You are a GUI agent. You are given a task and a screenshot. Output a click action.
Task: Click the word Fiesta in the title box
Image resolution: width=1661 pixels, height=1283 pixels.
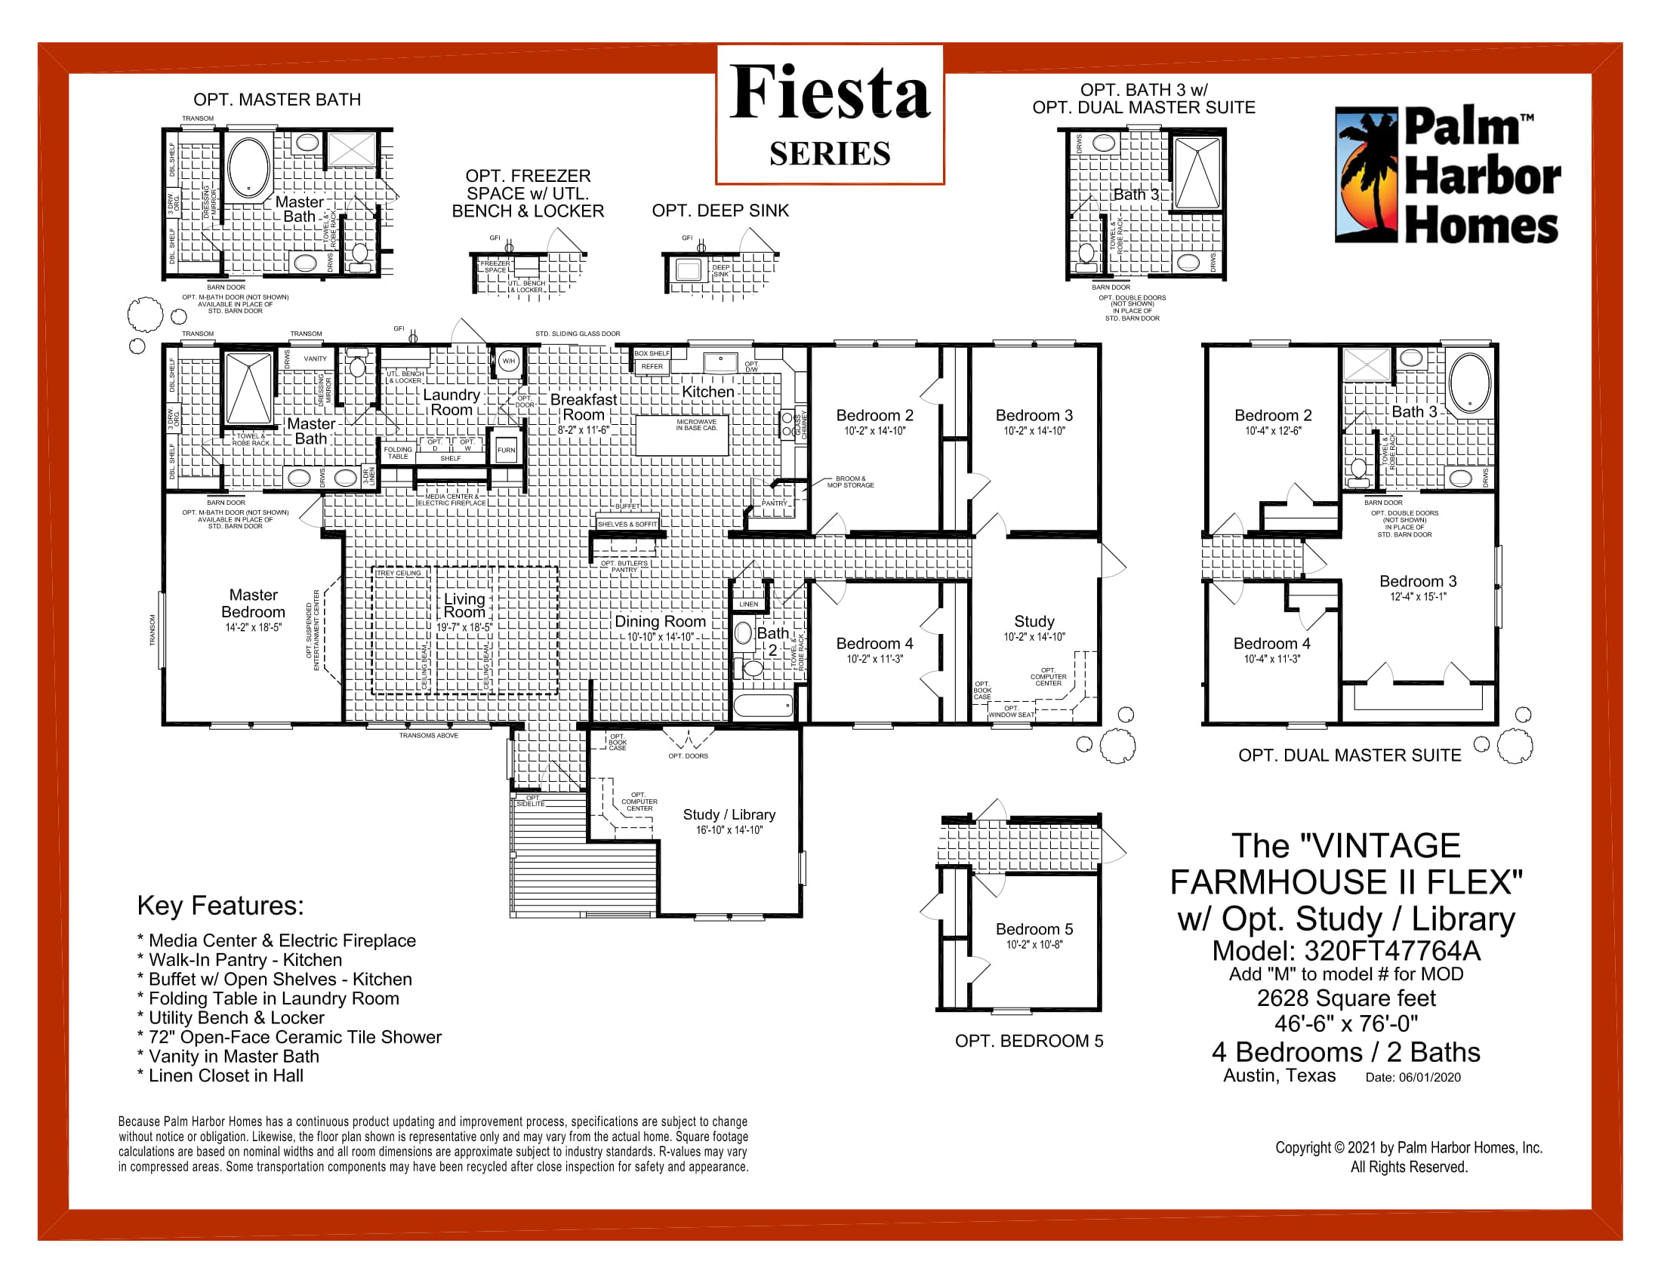click(x=829, y=93)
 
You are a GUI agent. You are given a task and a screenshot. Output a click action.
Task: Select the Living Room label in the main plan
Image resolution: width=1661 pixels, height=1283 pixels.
click(x=464, y=605)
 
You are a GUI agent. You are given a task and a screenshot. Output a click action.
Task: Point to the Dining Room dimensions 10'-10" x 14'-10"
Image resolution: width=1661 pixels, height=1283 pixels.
click(x=659, y=637)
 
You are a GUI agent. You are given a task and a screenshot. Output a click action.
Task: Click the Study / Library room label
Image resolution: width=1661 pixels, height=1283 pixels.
click(x=729, y=814)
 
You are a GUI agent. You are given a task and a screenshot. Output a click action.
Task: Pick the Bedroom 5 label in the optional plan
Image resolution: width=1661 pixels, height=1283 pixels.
click(x=1034, y=929)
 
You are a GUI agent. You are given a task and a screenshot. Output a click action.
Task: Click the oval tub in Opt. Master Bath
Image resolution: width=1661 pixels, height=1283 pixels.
click(x=248, y=168)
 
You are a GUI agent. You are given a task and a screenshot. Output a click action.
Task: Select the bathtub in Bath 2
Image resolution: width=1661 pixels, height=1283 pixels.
click(x=763, y=706)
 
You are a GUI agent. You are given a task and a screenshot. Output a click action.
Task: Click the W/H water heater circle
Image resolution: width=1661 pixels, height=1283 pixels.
click(x=508, y=361)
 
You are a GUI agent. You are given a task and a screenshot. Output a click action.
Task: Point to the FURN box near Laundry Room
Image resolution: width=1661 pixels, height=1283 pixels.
click(x=506, y=450)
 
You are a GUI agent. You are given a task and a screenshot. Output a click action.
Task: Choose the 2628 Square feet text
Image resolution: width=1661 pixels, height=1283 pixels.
click(x=1345, y=998)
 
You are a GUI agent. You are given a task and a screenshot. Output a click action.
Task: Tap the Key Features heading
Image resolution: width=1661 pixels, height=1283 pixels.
click(x=220, y=905)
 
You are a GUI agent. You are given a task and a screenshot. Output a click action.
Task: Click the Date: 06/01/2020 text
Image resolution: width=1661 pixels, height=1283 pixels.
click(x=1413, y=1077)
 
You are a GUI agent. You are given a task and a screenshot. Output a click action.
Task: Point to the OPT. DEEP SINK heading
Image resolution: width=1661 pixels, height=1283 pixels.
click(x=720, y=211)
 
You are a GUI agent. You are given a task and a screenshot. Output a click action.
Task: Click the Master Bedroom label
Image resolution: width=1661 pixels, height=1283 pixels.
click(x=253, y=603)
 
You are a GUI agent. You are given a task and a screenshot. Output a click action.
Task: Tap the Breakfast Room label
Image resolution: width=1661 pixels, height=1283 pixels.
click(x=584, y=407)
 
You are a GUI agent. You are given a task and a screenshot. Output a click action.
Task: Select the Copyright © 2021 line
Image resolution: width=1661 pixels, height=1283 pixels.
click(x=1408, y=1148)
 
